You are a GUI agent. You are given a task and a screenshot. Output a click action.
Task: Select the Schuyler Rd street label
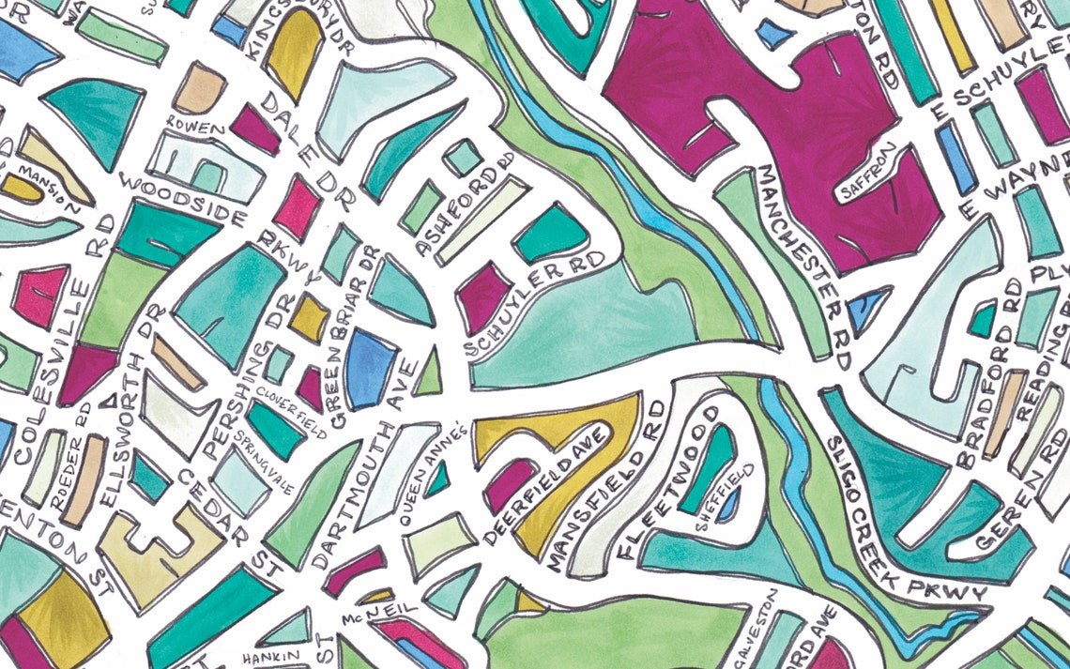point(535,306)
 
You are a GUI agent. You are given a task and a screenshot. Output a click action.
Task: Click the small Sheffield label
point(724,497)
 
